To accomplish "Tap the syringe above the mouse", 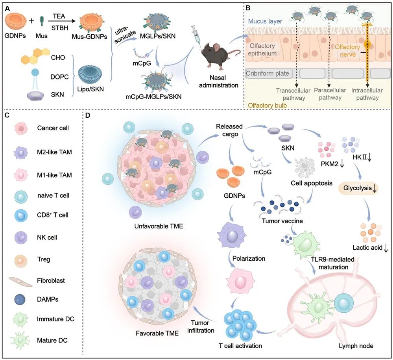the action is [197, 35].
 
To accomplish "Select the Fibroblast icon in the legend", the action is [20, 282].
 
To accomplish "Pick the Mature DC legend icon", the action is [20, 340].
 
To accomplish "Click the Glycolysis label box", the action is [358, 188].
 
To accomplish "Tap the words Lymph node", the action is [356, 346].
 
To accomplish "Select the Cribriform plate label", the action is [268, 74].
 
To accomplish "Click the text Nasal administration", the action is [219, 82].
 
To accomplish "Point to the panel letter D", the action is [87, 115].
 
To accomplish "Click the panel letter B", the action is [247, 8].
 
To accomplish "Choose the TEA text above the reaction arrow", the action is [59, 16].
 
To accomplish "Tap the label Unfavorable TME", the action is [159, 226].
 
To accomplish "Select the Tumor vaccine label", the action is [282, 221].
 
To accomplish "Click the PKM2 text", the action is [330, 164].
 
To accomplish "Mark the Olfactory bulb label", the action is [267, 106].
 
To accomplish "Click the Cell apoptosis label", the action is [312, 183].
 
